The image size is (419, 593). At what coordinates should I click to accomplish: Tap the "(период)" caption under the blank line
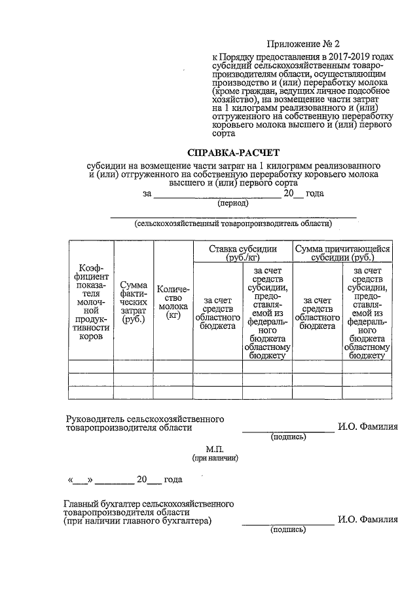coord(232,203)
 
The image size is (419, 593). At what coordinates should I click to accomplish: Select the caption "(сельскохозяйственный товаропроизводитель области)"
coord(232,223)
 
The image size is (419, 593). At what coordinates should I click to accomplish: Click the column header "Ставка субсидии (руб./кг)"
coord(242,253)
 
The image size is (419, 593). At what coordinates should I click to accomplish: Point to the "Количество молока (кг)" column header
coord(173,302)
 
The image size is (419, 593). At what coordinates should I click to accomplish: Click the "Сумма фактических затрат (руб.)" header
coord(134,302)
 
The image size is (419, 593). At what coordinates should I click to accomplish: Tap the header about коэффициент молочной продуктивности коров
coord(91,302)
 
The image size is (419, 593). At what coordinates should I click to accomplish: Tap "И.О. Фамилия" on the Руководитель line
coord(367,427)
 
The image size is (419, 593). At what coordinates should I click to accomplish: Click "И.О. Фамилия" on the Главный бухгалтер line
coord(367,520)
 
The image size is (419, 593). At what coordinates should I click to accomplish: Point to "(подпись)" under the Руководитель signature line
coord(289,437)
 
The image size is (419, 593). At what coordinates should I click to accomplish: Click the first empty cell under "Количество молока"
coord(173,366)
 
